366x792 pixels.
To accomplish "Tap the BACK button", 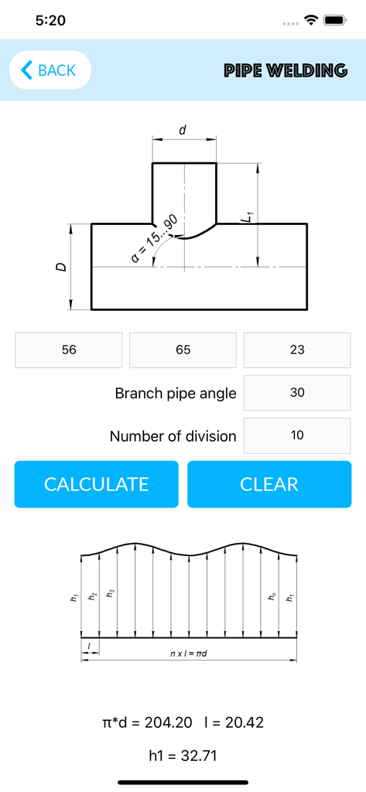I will click(x=50, y=70).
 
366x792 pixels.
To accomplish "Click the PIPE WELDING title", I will click(x=286, y=70).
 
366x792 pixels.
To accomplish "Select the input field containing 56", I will click(x=69, y=350).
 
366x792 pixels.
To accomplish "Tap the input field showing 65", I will click(x=183, y=350).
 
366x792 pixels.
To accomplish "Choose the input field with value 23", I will click(x=297, y=350).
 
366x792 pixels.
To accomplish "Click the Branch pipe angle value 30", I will click(x=297, y=393).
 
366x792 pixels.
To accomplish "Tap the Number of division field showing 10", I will click(x=297, y=435).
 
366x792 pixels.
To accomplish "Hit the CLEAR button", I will click(x=269, y=484).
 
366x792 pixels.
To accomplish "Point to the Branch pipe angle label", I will click(x=176, y=393).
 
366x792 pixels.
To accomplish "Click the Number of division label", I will click(x=173, y=436).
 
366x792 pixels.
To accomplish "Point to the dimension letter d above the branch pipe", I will click(x=183, y=130).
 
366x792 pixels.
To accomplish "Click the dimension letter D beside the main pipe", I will click(x=61, y=267).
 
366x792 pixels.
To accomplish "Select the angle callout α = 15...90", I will click(x=155, y=240).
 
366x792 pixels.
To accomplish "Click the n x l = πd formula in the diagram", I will click(x=189, y=654).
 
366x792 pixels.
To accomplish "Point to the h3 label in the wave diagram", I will click(x=110, y=594).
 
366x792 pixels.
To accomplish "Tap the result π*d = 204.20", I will click(x=142, y=722).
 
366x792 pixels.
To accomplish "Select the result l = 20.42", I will click(x=234, y=722).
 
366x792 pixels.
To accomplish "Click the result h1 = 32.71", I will click(x=183, y=756).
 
